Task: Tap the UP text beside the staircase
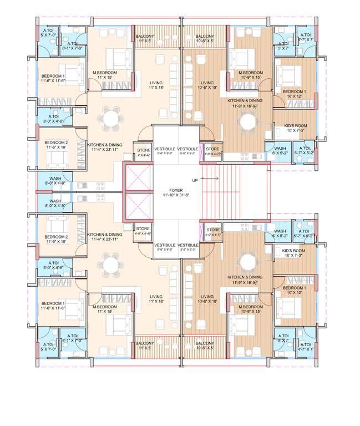point(195,180)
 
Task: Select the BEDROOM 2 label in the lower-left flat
point(55,239)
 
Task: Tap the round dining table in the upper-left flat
point(110,117)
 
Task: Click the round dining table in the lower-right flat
point(249,261)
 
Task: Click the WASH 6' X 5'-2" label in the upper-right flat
point(280,150)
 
